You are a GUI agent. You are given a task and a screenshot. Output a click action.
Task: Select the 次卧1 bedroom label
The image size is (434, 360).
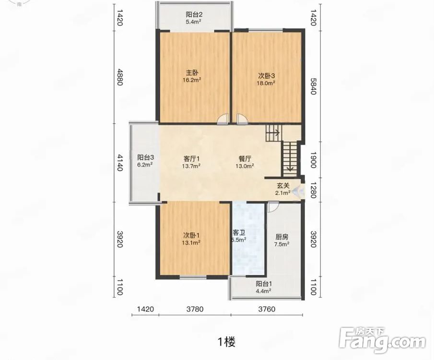pyautogui.click(x=191, y=235)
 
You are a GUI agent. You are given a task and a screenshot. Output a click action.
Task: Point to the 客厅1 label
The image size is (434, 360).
pyautogui.click(x=191, y=159)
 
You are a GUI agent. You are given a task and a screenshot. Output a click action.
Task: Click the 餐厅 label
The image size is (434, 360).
pyautogui.click(x=245, y=159)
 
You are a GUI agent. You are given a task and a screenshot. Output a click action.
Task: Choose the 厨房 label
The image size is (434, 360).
pyautogui.click(x=282, y=237)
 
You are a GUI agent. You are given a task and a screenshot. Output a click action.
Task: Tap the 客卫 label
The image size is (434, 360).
pyautogui.click(x=239, y=233)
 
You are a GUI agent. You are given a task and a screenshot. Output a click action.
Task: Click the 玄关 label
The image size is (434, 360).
pyautogui.click(x=282, y=185)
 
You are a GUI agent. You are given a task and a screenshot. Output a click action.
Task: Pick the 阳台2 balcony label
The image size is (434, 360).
pyautogui.click(x=194, y=14)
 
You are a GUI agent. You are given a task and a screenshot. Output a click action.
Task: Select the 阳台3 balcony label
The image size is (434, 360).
pyautogui.click(x=146, y=158)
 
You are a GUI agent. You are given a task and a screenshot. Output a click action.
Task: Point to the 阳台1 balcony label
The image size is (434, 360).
pyautogui.click(x=264, y=284)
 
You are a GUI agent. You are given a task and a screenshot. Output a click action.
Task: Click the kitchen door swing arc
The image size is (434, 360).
pyautogui.click(x=273, y=208)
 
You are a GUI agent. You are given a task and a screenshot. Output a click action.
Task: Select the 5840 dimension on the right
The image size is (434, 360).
pyautogui.click(x=313, y=86)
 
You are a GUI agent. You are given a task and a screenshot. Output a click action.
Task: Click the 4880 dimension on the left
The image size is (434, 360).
pyautogui.click(x=120, y=77)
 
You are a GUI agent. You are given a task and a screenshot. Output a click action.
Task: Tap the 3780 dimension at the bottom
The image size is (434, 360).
pyautogui.click(x=195, y=309)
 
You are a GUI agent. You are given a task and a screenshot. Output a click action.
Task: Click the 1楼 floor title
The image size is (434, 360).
pyautogui.click(x=227, y=342)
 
